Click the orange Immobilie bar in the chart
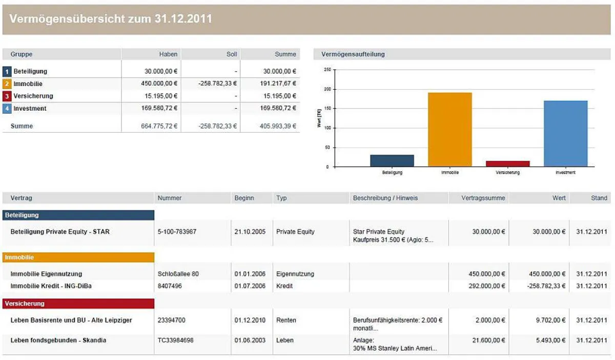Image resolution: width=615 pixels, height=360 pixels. [450, 130]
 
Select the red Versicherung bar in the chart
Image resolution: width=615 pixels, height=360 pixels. [508, 164]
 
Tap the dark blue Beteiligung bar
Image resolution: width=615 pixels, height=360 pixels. [392, 161]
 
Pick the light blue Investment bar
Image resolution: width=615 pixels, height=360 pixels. [566, 134]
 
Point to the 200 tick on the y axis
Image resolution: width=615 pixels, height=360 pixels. [327, 89]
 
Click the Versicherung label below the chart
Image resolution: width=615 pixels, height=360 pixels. [508, 172]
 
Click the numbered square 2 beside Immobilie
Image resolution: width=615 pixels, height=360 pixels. [7, 83]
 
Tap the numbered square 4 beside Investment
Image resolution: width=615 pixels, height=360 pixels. [7, 109]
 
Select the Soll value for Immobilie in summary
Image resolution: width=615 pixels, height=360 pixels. [217, 83]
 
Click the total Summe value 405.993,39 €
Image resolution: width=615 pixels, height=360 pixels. [278, 126]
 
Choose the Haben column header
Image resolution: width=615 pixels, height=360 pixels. [168, 54]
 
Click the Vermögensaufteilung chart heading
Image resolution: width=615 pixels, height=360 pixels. [353, 54]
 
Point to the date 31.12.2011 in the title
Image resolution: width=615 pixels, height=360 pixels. [183, 18]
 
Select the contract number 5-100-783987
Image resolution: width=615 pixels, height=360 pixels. [177, 231]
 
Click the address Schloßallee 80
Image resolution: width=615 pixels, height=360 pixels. [178, 274]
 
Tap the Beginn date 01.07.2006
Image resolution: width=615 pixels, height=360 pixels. [250, 286]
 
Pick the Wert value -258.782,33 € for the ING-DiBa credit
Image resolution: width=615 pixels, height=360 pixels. [546, 286]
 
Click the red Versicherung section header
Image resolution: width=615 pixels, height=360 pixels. [78, 304]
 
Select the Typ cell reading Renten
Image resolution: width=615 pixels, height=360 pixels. [286, 320]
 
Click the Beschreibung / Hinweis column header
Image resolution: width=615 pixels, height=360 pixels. [385, 198]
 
